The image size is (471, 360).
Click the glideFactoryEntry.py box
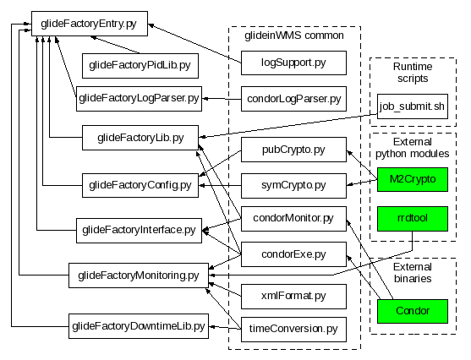tap(90, 24)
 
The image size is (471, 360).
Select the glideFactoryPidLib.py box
tap(140, 66)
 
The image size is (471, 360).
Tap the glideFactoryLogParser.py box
tap(139, 99)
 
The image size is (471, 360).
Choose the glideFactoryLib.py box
tap(140, 138)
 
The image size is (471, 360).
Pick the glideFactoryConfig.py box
tap(140, 185)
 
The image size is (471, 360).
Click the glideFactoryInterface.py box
tap(139, 231)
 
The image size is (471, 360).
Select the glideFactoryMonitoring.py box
tap(139, 275)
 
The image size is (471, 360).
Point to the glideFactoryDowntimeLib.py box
tap(139, 326)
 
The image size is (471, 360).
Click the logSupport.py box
tap(293, 63)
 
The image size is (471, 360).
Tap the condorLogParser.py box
tap(293, 99)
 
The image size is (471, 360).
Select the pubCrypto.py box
tap(293, 150)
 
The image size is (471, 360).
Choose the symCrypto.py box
tap(293, 186)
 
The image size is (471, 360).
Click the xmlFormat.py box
tap(293, 297)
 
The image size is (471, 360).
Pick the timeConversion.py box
tap(293, 330)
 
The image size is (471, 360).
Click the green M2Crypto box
tap(413, 179)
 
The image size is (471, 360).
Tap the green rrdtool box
tap(413, 219)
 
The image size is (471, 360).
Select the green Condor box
tap(413, 311)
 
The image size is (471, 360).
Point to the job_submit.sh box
tap(413, 106)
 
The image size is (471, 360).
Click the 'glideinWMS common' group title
tap(294, 35)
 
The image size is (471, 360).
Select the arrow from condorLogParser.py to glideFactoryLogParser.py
tap(222, 99)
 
